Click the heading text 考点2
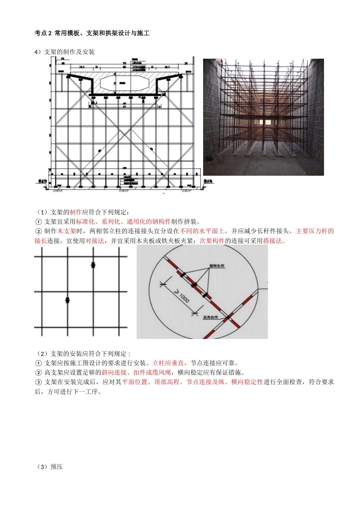pyautogui.click(x=43, y=33)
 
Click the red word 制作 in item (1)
pyautogui.click(x=75, y=212)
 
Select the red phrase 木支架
pyautogui.click(x=67, y=231)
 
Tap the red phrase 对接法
pyautogui.click(x=94, y=240)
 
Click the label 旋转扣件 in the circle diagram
pyautogui.click(x=217, y=266)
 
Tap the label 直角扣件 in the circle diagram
pyautogui.click(x=211, y=317)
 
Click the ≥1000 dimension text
pyautogui.click(x=182, y=297)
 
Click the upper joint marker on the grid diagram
pyautogui.click(x=93, y=265)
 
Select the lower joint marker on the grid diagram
pyautogui.click(x=67, y=300)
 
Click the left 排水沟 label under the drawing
pyautogui.click(x=42, y=181)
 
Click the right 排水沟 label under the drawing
pyautogui.click(x=208, y=181)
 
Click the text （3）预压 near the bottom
pyautogui.click(x=50, y=467)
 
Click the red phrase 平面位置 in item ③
pyautogui.click(x=135, y=382)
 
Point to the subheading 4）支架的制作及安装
pyautogui.click(x=64, y=52)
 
